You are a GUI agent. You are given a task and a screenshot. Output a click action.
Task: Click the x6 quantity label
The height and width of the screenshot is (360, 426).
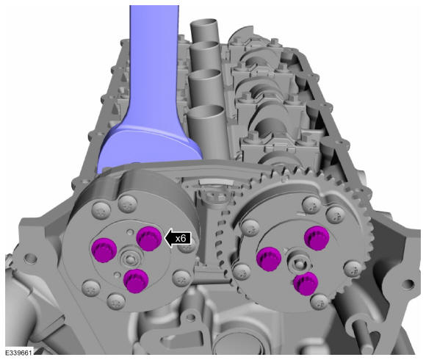pos(181,239)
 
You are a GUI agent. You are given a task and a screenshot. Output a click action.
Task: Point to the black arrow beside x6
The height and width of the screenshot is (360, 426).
pos(178,239)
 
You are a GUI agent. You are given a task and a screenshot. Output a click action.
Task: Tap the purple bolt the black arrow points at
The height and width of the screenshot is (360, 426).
pos(149,238)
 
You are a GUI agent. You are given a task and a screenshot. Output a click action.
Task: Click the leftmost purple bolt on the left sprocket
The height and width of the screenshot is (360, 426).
pos(104,250)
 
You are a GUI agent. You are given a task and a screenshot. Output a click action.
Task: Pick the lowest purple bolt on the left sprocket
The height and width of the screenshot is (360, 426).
pos(136,281)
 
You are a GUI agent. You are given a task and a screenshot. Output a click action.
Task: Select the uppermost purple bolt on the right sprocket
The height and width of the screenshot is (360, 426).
pos(317,238)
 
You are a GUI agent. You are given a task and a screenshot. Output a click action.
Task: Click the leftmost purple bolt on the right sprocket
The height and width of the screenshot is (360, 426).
pos(269,259)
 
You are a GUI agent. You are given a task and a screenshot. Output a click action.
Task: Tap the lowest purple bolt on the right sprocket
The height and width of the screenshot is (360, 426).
pos(306,284)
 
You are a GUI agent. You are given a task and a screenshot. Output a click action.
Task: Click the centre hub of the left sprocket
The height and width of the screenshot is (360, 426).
pos(131,258)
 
